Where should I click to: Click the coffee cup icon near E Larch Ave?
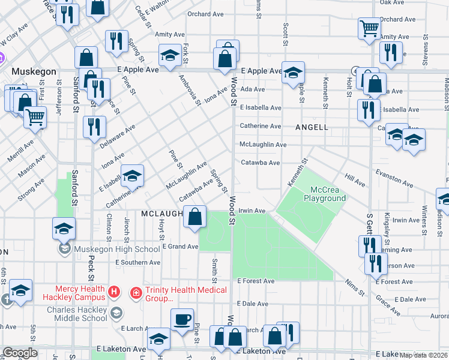(182, 319)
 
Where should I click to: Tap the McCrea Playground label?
(324, 194)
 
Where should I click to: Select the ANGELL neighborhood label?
(312, 127)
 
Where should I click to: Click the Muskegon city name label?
(34, 71)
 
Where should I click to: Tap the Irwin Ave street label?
(252, 211)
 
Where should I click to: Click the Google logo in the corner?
(20, 353)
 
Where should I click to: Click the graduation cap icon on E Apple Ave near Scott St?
(292, 73)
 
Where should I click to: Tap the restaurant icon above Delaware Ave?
(95, 127)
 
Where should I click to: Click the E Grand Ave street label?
(180, 247)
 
